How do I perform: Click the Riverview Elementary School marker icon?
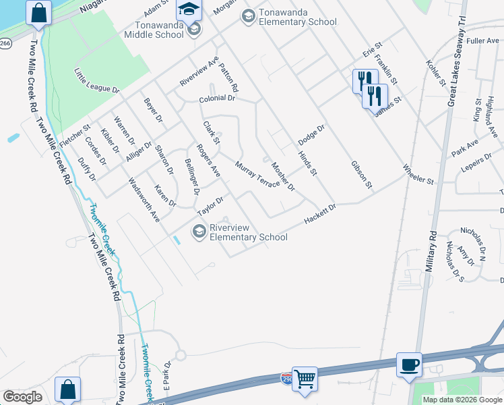tap(199, 232)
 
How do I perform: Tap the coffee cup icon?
tap(409, 365)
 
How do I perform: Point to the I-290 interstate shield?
tap(286, 378)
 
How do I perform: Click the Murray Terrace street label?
tap(257, 175)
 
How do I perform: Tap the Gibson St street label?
tap(360, 174)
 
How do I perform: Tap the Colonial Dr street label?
tap(216, 99)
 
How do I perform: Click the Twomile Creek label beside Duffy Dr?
tap(103, 230)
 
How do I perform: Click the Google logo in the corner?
tap(22, 396)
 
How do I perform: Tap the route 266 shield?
tap(5, 44)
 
